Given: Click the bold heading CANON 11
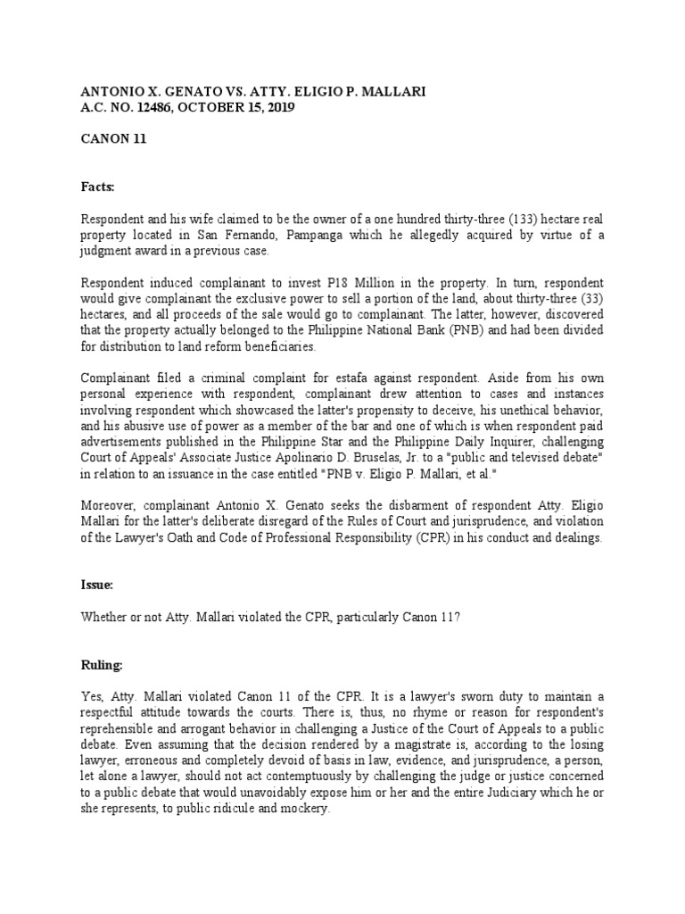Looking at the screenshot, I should click(x=113, y=139).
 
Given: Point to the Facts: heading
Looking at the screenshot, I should click(x=99, y=187).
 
